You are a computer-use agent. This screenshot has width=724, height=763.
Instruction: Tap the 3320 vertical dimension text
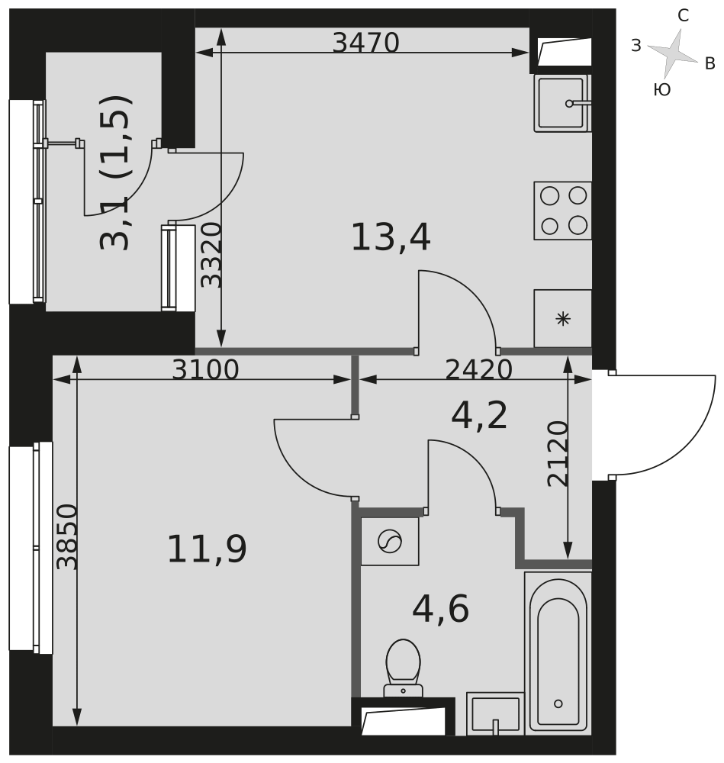click(x=211, y=255)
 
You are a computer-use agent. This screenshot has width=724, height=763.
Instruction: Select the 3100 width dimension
click(x=206, y=369)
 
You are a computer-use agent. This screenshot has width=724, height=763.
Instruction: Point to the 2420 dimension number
click(x=479, y=369)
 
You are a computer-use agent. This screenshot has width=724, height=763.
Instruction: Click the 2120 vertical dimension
click(x=558, y=453)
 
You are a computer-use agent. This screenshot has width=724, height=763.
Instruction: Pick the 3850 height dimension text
click(x=66, y=536)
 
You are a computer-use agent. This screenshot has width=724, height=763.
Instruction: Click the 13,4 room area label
click(x=391, y=237)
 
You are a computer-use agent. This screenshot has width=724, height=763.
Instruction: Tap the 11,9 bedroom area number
click(x=207, y=549)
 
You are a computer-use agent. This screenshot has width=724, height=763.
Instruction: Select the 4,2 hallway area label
click(x=479, y=415)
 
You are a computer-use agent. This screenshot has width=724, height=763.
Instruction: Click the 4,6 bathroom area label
click(x=440, y=608)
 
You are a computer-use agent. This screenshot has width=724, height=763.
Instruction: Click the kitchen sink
click(x=562, y=103)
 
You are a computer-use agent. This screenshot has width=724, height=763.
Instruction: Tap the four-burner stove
click(x=563, y=211)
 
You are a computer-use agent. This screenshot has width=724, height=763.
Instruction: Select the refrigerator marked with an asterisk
click(x=563, y=319)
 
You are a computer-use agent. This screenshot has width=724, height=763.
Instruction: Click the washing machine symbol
click(x=390, y=541)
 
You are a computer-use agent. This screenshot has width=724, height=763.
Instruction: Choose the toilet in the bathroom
click(x=403, y=668)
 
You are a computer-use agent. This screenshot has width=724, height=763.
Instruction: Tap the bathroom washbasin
click(x=495, y=713)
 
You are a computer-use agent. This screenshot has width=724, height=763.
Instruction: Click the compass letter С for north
click(x=683, y=16)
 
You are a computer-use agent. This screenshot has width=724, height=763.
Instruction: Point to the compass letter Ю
click(x=662, y=89)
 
